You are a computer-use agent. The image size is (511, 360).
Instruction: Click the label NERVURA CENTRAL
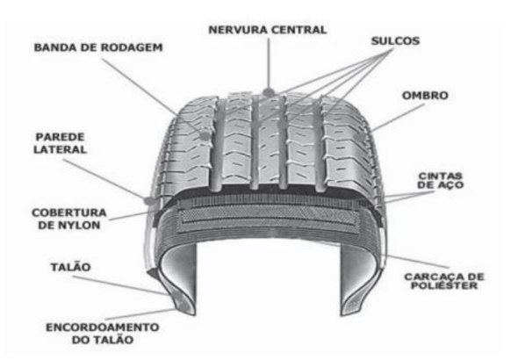click(x=268, y=30)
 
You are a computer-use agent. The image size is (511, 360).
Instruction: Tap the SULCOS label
click(x=395, y=41)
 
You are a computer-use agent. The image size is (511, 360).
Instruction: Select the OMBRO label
click(x=425, y=96)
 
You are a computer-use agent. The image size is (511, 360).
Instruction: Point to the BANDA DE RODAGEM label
click(x=98, y=47)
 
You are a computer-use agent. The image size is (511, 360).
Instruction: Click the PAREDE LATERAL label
click(x=61, y=143)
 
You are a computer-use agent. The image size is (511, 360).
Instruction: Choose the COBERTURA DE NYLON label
click(x=69, y=219)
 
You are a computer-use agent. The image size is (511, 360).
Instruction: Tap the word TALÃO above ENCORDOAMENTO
click(x=71, y=267)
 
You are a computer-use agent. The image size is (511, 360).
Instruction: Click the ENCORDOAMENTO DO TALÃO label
click(x=103, y=334)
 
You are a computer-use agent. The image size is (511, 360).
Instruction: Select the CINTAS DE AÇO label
click(x=440, y=181)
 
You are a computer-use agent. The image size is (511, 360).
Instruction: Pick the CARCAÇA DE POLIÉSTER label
click(x=444, y=281)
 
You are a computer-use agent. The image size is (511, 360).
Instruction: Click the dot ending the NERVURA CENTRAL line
click(x=269, y=92)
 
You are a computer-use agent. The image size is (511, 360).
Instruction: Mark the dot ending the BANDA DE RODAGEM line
click(x=205, y=134)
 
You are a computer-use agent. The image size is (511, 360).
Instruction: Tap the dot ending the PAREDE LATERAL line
click(x=149, y=200)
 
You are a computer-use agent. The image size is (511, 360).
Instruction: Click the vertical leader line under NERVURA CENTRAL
click(x=269, y=63)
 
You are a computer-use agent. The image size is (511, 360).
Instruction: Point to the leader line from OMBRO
click(x=398, y=118)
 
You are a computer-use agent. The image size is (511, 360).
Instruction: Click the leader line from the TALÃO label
click(x=119, y=285)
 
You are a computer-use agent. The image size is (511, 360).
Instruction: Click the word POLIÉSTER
click(x=444, y=285)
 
